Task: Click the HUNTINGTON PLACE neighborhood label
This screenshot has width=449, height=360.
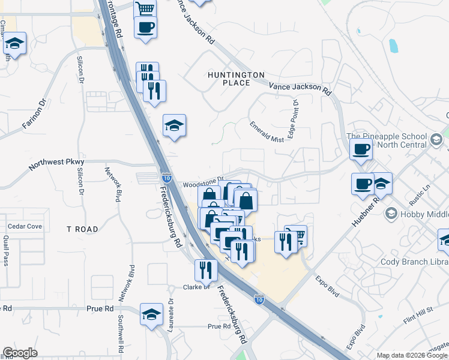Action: point(235,79)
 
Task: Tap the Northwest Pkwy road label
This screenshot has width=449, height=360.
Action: point(58,162)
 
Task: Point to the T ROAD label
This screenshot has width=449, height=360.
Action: point(82,229)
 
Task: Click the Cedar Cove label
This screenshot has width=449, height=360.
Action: point(25,226)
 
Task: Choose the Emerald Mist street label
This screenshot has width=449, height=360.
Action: point(267,131)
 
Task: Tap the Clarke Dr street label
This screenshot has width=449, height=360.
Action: point(196,287)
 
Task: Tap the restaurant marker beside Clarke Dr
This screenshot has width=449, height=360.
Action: point(205,269)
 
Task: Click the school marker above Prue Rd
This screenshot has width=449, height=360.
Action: point(151,314)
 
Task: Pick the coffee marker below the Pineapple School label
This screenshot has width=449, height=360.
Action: point(363,184)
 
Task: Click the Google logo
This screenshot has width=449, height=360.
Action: point(20,353)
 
